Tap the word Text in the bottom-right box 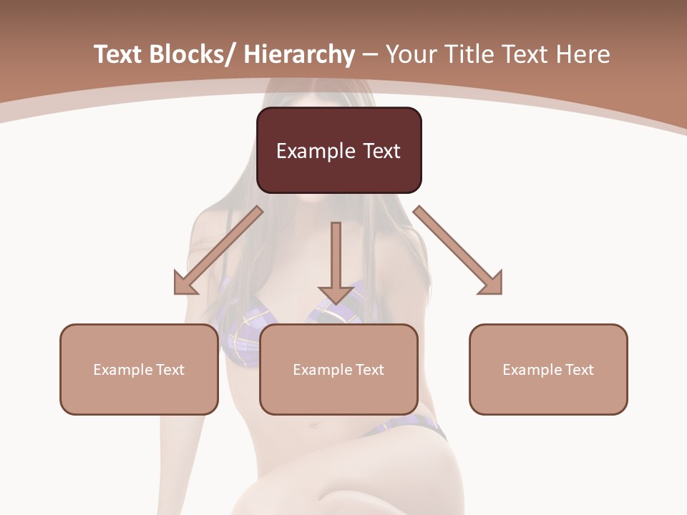pos(579,370)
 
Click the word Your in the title pos(409,55)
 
